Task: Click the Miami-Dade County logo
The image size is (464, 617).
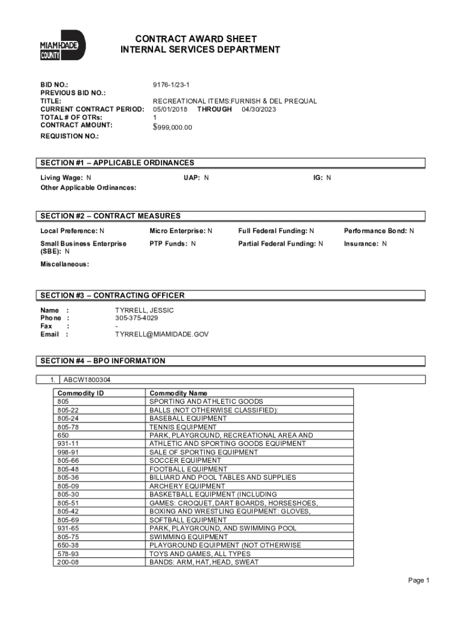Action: [x=62, y=46]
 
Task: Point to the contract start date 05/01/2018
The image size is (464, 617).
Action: [x=170, y=110]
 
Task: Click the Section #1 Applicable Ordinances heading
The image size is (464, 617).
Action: [x=118, y=163]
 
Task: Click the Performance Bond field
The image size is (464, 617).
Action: [x=378, y=231]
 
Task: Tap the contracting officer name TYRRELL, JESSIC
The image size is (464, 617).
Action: [x=145, y=310]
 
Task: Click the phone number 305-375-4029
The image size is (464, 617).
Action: [x=137, y=318]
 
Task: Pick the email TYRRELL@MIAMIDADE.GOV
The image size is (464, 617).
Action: [x=162, y=334]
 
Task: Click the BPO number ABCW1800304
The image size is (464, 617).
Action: [x=87, y=380]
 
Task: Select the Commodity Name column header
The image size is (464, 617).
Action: [x=178, y=393]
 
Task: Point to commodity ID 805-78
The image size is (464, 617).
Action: [x=68, y=427]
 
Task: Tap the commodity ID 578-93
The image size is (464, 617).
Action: [x=68, y=553]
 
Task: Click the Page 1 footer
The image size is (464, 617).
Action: [x=418, y=580]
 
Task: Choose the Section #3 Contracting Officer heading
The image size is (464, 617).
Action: [x=113, y=295]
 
